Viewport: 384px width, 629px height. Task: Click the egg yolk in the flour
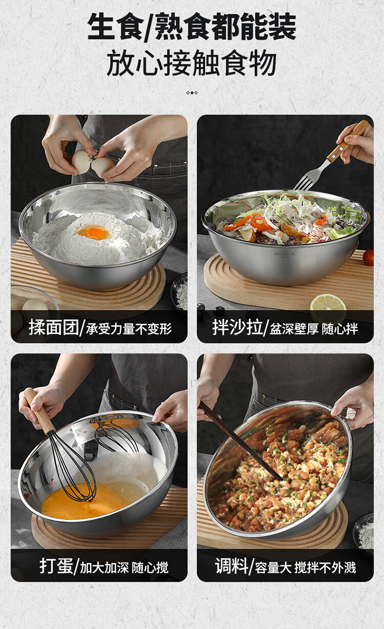(94, 233)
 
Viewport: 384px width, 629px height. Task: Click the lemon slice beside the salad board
(328, 307)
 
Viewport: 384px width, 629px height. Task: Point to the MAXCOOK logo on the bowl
(284, 254)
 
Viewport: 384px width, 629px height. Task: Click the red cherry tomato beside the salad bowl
(368, 258)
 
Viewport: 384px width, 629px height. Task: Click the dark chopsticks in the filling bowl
(240, 442)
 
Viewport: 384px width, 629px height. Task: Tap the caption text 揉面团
(54, 327)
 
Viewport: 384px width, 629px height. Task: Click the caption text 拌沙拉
(238, 327)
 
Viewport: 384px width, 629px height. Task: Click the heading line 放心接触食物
(191, 62)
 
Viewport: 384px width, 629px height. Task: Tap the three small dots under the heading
(192, 93)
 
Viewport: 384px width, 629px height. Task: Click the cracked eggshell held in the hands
(93, 162)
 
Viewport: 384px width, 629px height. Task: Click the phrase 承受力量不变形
(129, 329)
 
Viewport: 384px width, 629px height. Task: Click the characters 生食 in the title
(115, 27)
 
